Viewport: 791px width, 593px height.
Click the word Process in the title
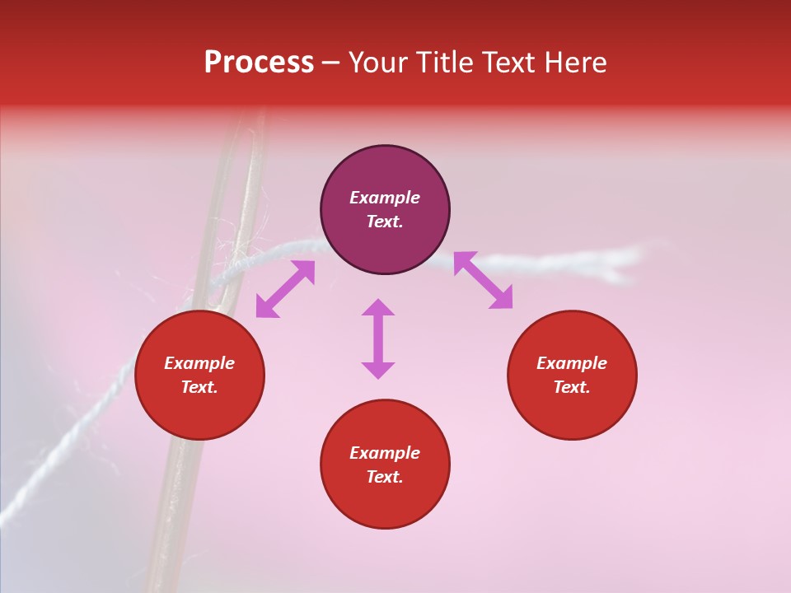pyautogui.click(x=259, y=63)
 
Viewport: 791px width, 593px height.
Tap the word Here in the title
pyautogui.click(x=575, y=63)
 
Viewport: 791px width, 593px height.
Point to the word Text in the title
pyautogui.click(x=509, y=63)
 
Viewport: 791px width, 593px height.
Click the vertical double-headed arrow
pyautogui.click(x=378, y=339)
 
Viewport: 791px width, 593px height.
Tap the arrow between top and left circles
pyautogui.click(x=285, y=289)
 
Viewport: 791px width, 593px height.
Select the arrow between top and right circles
pyautogui.click(x=483, y=280)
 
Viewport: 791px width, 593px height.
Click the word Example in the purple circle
pyautogui.click(x=385, y=198)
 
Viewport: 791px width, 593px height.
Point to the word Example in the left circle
pyautogui.click(x=199, y=363)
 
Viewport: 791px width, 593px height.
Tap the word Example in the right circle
pyautogui.click(x=572, y=363)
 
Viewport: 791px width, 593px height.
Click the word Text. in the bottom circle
pyautogui.click(x=385, y=477)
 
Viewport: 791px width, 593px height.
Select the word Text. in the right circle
pyautogui.click(x=572, y=387)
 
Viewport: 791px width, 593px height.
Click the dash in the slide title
pyautogui.click(x=330, y=63)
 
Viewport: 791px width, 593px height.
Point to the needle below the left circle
pyautogui.click(x=169, y=511)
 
